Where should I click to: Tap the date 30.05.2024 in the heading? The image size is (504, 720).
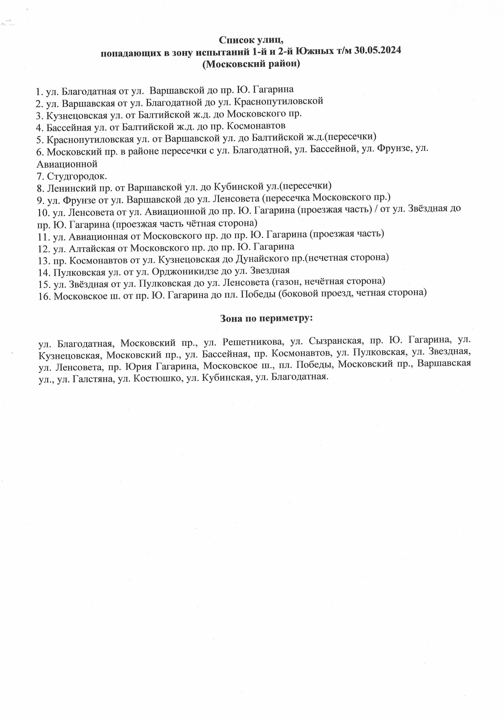(378, 51)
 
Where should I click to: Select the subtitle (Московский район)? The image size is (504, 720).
(251, 63)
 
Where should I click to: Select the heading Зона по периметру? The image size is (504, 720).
(266, 318)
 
